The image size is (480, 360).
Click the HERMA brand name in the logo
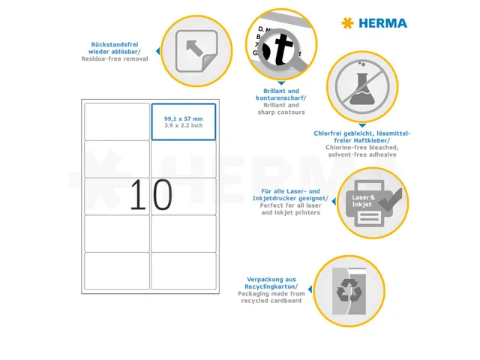coord(382,23)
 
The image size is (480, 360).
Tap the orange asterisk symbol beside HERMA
coord(346,23)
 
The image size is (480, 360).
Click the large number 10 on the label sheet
coord(151,195)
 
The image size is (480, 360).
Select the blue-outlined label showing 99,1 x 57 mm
coord(183,122)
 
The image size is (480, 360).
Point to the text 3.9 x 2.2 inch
coord(183,125)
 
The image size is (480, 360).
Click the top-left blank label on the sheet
coord(117,121)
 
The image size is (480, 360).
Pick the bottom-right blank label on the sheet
coord(183,270)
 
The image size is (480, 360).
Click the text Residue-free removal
coord(115,58)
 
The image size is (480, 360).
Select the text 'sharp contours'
coord(281,112)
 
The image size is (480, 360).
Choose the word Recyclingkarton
coord(270,286)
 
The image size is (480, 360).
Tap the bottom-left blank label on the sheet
coord(117,270)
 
